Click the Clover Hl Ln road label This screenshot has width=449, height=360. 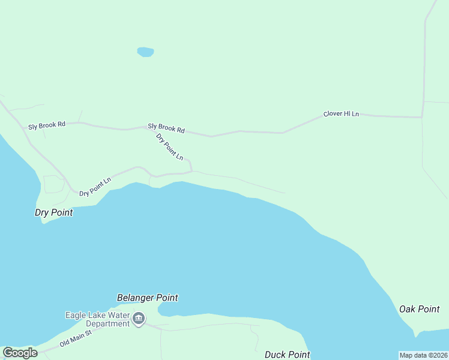tap(341, 114)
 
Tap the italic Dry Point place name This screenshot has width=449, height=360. tap(53, 212)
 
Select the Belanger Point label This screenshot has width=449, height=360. tap(147, 298)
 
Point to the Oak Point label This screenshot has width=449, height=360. tap(420, 309)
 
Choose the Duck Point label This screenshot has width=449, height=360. tap(288, 355)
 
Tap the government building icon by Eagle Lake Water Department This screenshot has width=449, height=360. tap(139, 319)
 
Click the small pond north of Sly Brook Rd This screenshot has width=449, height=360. tap(145, 52)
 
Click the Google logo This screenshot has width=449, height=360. tap(20, 353)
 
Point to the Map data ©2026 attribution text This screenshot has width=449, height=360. tap(424, 355)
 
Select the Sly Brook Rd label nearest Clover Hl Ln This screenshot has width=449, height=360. tap(166, 128)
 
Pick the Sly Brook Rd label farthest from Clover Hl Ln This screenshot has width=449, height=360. tap(46, 125)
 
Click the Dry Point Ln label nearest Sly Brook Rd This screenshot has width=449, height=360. tap(169, 147)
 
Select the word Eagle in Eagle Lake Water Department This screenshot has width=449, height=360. tap(75, 315)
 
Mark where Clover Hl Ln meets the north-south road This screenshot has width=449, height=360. tap(423, 117)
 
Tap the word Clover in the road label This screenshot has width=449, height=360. tap(333, 114)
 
